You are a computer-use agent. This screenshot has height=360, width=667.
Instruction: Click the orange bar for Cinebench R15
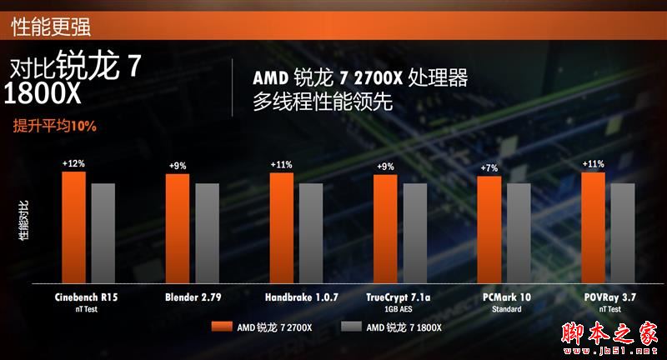(73, 227)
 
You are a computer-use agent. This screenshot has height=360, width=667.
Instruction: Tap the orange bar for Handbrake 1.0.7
(282, 228)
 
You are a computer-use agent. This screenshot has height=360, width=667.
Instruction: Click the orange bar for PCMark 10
(489, 230)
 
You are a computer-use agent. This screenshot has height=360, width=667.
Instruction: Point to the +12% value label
(73, 164)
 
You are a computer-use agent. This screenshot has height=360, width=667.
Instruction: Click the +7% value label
(489, 168)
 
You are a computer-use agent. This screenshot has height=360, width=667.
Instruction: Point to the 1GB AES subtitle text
(399, 308)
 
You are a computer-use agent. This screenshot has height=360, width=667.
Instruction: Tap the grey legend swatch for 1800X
(351, 327)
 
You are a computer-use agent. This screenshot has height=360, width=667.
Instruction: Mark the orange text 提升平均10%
(55, 127)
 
